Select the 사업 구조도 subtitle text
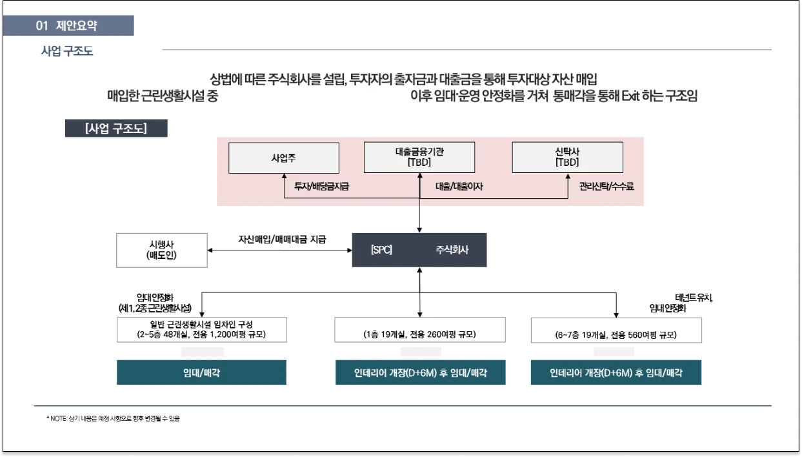click(67, 51)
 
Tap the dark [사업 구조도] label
click(116, 128)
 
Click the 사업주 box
click(284, 157)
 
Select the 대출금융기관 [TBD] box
click(419, 157)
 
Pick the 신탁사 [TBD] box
click(567, 157)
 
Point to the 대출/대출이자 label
click(459, 187)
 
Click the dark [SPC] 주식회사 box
click(419, 250)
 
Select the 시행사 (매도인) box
click(162, 250)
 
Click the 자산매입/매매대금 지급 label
click(283, 239)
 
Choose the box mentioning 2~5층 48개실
click(202, 329)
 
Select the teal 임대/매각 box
click(201, 373)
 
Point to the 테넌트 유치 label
click(694, 298)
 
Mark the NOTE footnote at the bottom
click(113, 418)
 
